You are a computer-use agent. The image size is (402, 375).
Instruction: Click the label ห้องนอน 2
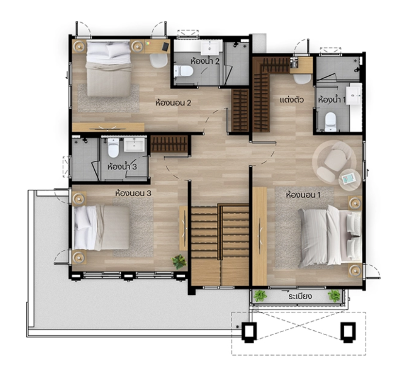[x=174, y=103]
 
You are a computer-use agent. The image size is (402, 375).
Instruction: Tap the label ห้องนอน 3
[x=133, y=193]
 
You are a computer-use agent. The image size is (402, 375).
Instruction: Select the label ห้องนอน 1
[x=303, y=195]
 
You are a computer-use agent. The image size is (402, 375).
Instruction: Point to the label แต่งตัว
[x=292, y=100]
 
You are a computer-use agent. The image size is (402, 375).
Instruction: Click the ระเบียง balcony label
[x=300, y=296]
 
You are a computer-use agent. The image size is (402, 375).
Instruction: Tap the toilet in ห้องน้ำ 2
[x=183, y=71]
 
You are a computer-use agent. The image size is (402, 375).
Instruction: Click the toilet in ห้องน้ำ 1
[x=330, y=121]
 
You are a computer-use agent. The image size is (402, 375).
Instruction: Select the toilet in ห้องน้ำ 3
[x=113, y=148]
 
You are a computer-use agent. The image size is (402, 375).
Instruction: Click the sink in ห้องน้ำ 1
[x=354, y=96]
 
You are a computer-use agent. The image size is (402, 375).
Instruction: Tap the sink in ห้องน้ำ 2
[x=210, y=48]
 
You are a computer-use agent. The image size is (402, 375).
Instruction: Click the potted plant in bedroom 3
[x=179, y=261]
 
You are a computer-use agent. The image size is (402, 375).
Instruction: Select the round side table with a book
[x=349, y=180]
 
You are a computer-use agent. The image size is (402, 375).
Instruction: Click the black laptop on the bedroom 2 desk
[x=166, y=46]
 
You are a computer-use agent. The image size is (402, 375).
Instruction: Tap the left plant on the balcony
[x=260, y=296]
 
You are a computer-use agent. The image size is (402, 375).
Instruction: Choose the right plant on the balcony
[x=334, y=296]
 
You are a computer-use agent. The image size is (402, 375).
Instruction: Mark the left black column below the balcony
[x=249, y=332]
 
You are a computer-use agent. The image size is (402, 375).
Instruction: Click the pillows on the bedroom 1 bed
[x=354, y=236]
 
